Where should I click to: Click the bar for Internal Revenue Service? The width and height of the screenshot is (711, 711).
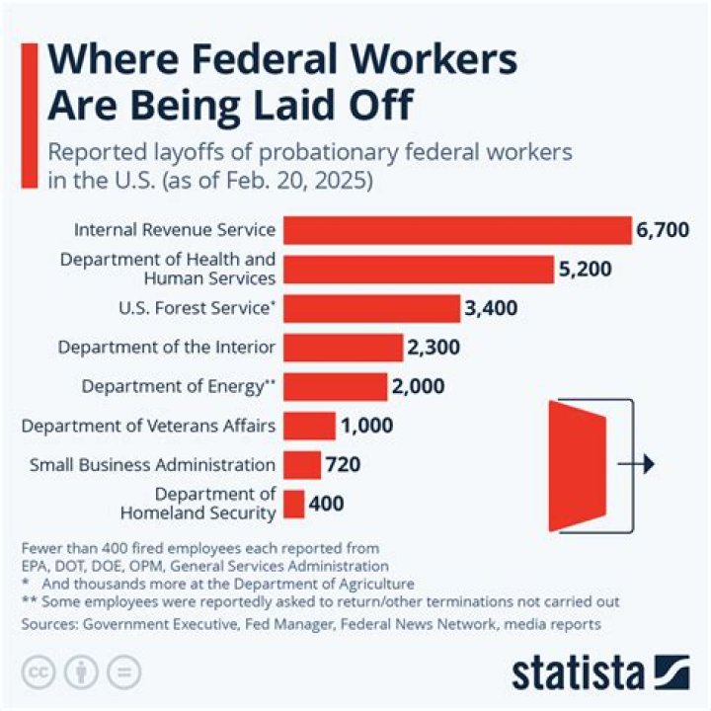click(457, 230)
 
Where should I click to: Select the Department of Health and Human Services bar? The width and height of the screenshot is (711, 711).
click(419, 270)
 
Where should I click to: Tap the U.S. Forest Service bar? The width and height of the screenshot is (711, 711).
click(372, 308)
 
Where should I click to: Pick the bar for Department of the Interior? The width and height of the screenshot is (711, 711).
click(343, 348)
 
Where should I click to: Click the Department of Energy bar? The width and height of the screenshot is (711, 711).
click(335, 386)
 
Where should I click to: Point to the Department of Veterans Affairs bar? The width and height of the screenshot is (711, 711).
click(309, 426)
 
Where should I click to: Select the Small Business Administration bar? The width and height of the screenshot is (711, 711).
click(302, 464)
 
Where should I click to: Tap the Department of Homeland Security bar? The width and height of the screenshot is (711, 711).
click(293, 504)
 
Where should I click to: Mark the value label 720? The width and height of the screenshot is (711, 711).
click(344, 465)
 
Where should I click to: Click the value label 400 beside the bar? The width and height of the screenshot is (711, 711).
click(326, 504)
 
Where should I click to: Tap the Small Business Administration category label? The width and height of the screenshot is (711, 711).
click(152, 465)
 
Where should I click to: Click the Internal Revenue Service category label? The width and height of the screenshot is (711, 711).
click(174, 230)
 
